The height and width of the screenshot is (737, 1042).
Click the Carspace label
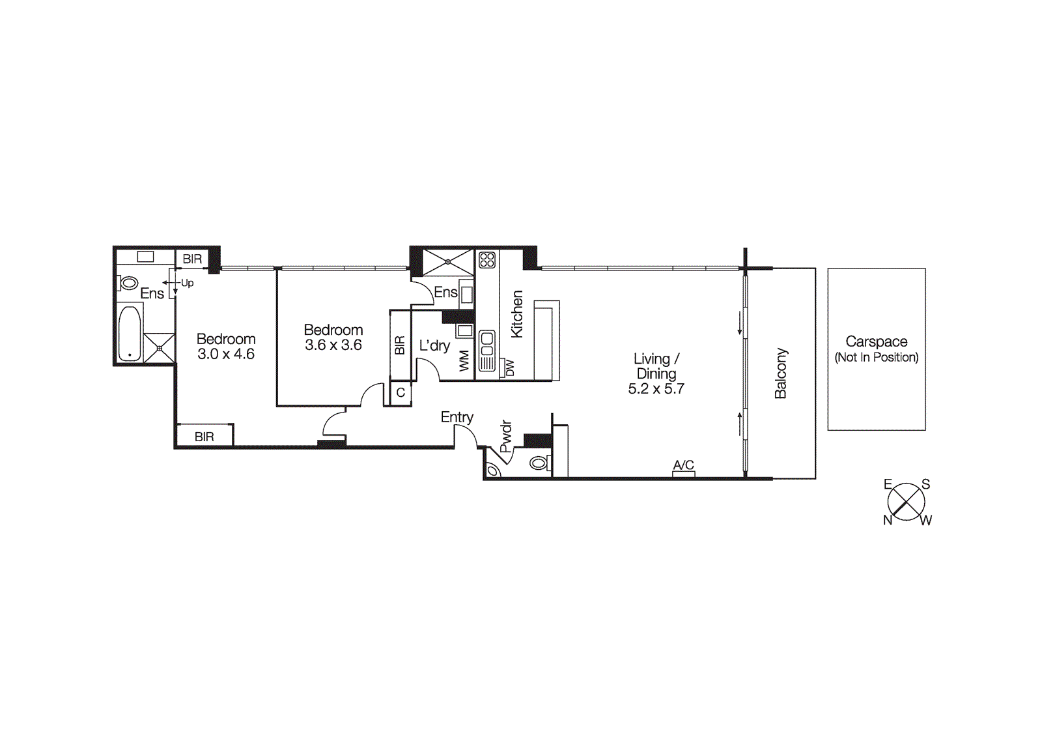876,341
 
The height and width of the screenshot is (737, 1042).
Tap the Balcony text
780,373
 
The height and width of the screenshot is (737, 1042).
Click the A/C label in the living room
683,465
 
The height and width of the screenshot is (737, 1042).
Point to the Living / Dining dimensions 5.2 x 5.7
656,389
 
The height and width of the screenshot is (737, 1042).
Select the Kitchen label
516,314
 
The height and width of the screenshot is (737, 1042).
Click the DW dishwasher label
510,368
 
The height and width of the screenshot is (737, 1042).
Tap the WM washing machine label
464,361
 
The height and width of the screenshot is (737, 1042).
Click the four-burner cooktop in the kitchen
487,260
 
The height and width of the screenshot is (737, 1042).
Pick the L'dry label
434,345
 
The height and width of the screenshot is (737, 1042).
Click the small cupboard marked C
401,393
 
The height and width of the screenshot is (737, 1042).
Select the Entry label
457,417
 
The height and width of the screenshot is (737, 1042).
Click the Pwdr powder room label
506,437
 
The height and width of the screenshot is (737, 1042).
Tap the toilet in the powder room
539,463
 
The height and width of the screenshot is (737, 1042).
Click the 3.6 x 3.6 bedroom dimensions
333,345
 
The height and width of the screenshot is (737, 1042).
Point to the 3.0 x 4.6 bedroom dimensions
226,354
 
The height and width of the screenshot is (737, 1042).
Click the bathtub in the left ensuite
130,333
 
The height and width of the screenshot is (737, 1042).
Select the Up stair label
188,283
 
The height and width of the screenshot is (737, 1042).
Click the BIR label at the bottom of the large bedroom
204,437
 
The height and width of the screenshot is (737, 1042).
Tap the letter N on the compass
887,520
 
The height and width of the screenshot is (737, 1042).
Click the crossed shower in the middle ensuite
448,262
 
